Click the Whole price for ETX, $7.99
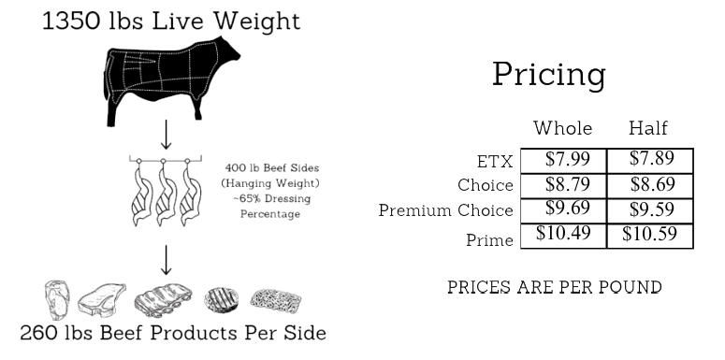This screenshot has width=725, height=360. click(567, 159)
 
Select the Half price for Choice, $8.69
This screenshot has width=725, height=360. click(652, 184)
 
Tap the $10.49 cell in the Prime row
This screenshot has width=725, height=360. click(563, 233)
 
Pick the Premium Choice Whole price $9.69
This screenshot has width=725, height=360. click(567, 208)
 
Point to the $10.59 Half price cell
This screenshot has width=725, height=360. click(649, 234)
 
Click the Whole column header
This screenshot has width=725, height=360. click(563, 128)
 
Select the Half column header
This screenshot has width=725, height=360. click(648, 128)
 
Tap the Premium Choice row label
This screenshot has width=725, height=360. click(445, 210)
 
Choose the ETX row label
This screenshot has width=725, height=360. click(495, 162)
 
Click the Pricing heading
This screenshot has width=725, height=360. click(549, 74)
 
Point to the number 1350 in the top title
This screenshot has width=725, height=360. click(71, 21)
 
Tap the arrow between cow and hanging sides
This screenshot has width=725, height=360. click(166, 135)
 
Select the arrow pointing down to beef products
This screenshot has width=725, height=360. click(166, 260)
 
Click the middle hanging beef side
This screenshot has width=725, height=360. click(164, 194)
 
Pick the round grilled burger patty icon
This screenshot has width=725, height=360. click(222, 299)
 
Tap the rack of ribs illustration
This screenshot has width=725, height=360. click(163, 300)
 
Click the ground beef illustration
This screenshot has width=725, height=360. click(276, 300)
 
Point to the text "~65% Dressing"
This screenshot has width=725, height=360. click(272, 199)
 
